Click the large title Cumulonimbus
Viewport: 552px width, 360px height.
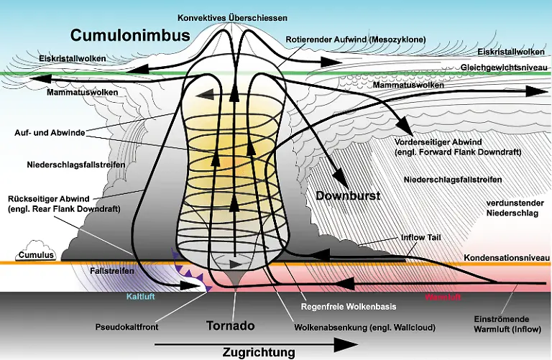(130, 36)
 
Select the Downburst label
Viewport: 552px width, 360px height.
(348, 195)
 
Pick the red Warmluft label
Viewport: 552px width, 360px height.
(442, 296)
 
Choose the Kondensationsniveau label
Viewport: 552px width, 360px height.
(507, 257)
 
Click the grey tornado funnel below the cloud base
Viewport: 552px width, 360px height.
(237, 276)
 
